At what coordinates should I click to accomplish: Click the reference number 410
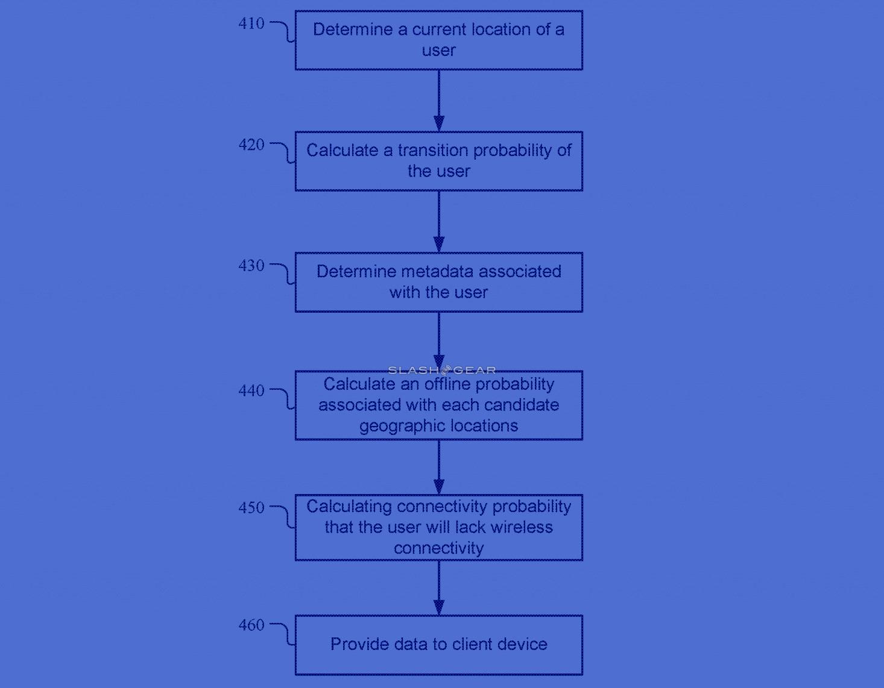click(x=251, y=23)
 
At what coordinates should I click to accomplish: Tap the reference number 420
click(x=251, y=145)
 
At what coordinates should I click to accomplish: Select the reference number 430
click(x=251, y=266)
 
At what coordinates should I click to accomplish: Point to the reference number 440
click(x=251, y=390)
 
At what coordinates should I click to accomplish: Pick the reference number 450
click(x=251, y=508)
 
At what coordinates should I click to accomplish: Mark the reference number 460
click(x=251, y=625)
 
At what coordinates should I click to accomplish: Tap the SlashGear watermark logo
click(x=442, y=370)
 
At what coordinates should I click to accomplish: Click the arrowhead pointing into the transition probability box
click(x=439, y=124)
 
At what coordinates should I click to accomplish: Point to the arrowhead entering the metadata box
click(x=439, y=245)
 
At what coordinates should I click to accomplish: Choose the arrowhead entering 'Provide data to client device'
click(x=439, y=607)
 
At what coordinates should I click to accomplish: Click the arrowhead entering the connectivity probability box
click(x=439, y=487)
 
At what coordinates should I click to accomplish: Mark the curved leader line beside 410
click(x=287, y=31)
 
